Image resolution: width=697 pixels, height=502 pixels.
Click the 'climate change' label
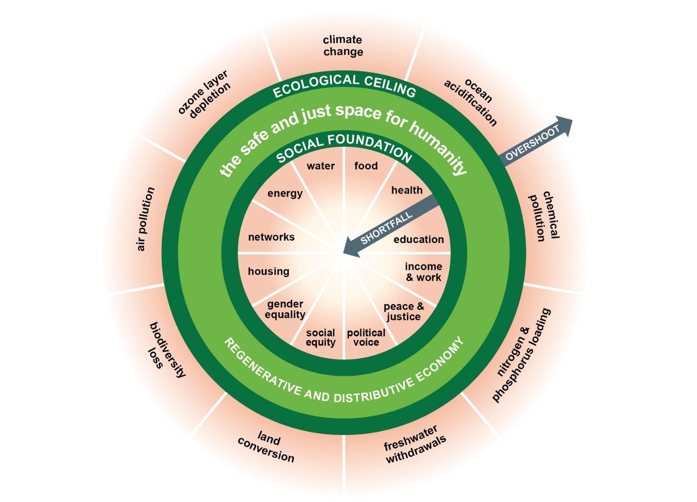(343, 46)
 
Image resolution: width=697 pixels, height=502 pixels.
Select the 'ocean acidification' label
(470, 102)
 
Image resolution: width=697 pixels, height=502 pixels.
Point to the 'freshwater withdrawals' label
(414, 444)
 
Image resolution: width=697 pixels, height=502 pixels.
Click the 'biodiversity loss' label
(166, 349)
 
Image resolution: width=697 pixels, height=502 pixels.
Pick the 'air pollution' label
(145, 219)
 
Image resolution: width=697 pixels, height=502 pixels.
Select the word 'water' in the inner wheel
(321, 166)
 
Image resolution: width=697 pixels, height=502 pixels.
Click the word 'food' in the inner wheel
(366, 165)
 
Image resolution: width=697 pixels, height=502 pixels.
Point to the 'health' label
(407, 190)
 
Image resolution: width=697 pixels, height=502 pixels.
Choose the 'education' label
(419, 239)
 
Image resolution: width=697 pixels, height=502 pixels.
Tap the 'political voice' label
(366, 337)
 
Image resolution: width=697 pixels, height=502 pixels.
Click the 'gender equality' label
(285, 309)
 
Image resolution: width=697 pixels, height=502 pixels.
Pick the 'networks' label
(271, 237)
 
